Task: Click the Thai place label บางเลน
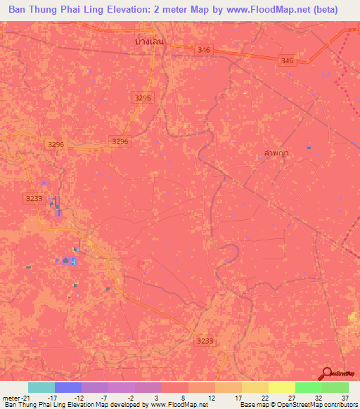(150, 41)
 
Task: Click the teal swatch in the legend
(41, 387)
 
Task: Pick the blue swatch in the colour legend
(68, 387)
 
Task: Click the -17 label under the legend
(52, 398)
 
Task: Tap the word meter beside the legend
(12, 398)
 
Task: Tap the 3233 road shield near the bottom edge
(204, 341)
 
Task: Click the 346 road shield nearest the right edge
(286, 61)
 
